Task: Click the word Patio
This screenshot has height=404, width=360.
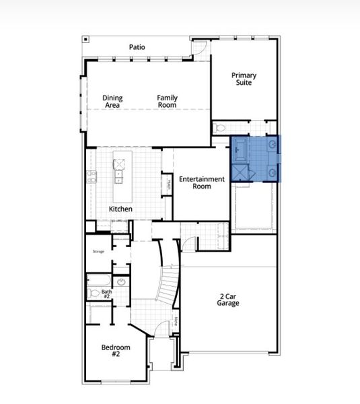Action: pyautogui.click(x=137, y=47)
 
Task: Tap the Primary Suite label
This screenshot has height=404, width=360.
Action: pyautogui.click(x=244, y=79)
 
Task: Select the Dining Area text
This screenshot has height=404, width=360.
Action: pyautogui.click(x=112, y=102)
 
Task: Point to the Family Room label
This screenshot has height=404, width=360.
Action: pyautogui.click(x=168, y=102)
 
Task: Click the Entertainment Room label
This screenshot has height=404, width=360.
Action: pyautogui.click(x=201, y=182)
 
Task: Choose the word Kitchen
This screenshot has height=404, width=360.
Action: pyautogui.click(x=120, y=209)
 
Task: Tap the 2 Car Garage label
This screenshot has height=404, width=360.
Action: pyautogui.click(x=228, y=300)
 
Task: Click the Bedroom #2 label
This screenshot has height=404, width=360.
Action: pyautogui.click(x=115, y=351)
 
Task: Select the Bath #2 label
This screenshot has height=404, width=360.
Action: pyautogui.click(x=106, y=294)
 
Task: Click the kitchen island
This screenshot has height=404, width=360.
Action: pyautogui.click(x=120, y=171)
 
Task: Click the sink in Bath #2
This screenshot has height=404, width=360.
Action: pyautogui.click(x=121, y=282)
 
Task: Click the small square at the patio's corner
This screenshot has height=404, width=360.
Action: pyautogui.click(x=85, y=39)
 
